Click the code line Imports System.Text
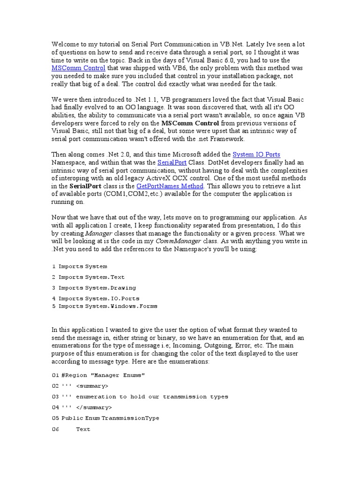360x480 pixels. (x=91, y=277)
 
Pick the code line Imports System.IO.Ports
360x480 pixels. (x=98, y=298)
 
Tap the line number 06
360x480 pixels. (x=55, y=429)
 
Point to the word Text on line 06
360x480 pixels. (x=83, y=429)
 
